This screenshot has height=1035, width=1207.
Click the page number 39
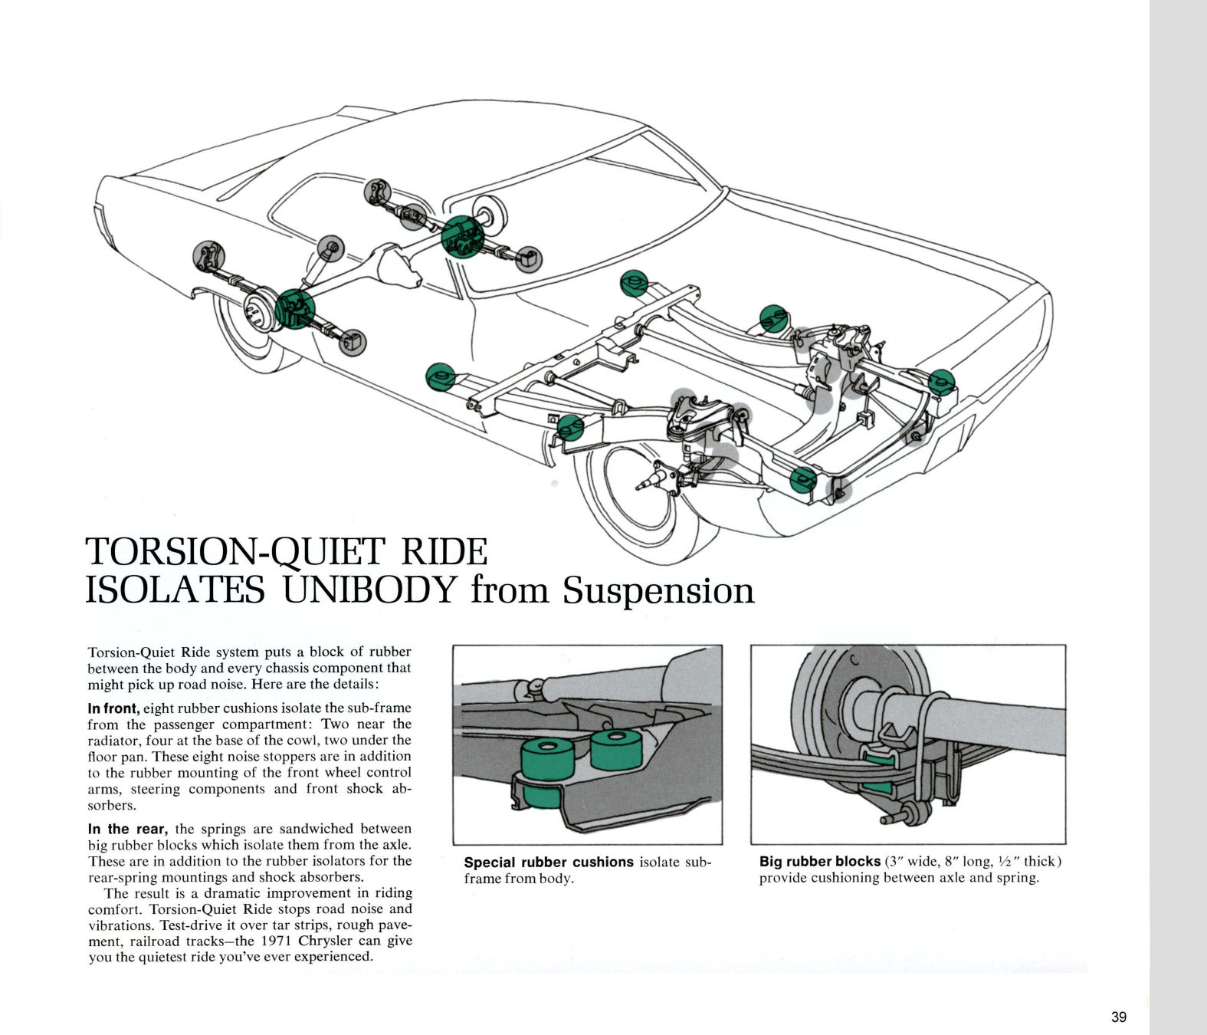(x=1119, y=1017)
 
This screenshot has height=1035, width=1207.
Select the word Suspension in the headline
(x=658, y=590)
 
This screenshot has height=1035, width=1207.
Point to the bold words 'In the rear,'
(x=126, y=829)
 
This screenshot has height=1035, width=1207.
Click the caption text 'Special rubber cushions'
(x=549, y=862)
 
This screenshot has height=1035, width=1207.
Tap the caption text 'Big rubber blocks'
(x=819, y=861)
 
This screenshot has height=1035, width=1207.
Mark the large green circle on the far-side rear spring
(x=463, y=237)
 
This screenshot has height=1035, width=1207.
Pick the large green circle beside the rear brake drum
(x=295, y=309)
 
